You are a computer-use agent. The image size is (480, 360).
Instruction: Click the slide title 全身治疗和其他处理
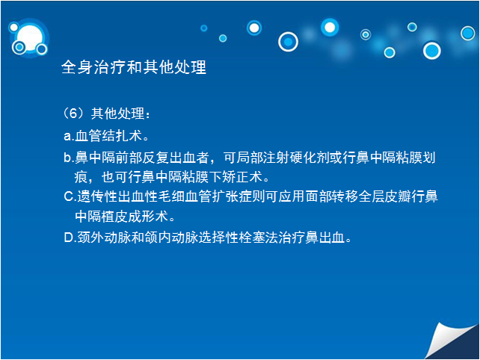pos(134,67)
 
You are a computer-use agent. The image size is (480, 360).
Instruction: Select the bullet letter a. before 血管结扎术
pos(69,136)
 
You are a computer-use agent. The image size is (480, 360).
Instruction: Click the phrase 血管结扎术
pos(108,135)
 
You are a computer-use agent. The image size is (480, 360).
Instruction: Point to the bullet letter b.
pos(69,158)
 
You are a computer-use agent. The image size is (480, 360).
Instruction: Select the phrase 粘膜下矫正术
pos(222,177)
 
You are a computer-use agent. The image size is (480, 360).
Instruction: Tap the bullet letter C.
pos(70,196)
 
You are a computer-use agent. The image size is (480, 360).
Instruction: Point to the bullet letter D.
pos(70,238)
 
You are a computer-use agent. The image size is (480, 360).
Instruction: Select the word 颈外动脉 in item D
pos(104,238)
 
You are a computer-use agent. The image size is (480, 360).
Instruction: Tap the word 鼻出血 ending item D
pos(325,238)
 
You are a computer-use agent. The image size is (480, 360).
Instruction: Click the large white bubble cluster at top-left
pos(28,39)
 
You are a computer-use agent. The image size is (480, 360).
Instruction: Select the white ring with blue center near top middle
pos(288,42)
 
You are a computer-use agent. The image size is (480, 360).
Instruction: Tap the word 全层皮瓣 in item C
pos(384,196)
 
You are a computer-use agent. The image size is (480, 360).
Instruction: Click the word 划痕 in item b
pos(408,167)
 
